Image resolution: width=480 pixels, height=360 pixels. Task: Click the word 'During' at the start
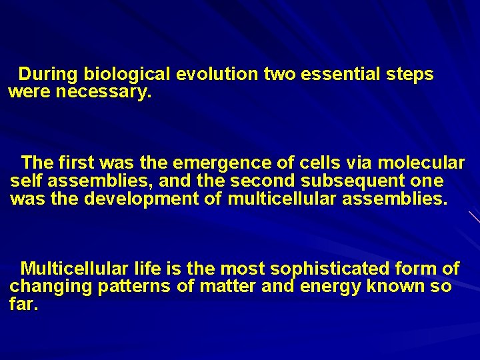pyautogui.click(x=47, y=74)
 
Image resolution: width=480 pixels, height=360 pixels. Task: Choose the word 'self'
pyautogui.click(x=26, y=181)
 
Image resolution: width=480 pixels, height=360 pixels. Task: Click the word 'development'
pyautogui.click(x=141, y=199)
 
